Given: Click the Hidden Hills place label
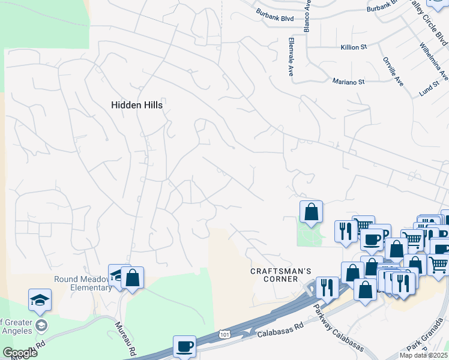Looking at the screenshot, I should click(x=137, y=104).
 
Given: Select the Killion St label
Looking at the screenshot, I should click(x=353, y=47).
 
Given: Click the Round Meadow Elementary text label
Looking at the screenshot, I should click(x=83, y=283).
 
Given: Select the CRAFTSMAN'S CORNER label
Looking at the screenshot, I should click(x=281, y=276).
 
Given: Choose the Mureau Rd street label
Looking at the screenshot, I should click(x=127, y=337).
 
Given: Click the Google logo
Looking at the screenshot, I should click(x=20, y=353).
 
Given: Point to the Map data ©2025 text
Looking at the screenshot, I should click(x=423, y=355).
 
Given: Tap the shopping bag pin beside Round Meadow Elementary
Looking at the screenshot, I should click(x=132, y=278).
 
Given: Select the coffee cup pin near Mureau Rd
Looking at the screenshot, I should click(x=184, y=346).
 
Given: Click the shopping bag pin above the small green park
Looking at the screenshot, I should click(x=311, y=212).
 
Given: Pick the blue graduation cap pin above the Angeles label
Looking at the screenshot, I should click(x=40, y=300).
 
